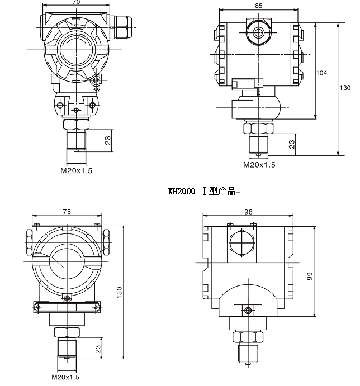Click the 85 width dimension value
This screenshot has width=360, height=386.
[258, 6]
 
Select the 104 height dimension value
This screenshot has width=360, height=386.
[321, 73]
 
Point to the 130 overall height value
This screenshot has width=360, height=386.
[345, 88]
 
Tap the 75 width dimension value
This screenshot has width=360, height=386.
[67, 212]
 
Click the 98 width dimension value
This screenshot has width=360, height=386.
[249, 212]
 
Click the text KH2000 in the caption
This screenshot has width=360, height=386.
[182, 192]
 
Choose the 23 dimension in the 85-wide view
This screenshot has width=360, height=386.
[291, 145]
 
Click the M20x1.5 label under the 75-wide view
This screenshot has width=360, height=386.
[65, 378]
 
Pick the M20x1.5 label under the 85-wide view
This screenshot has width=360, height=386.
[259, 165]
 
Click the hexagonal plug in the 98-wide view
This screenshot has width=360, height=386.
[241, 244]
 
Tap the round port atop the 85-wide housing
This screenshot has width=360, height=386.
[258, 32]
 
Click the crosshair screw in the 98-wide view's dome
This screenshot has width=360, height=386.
[248, 310]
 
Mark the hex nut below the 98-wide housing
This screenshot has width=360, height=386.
[248, 337]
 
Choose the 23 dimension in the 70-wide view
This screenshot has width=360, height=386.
[108, 140]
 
